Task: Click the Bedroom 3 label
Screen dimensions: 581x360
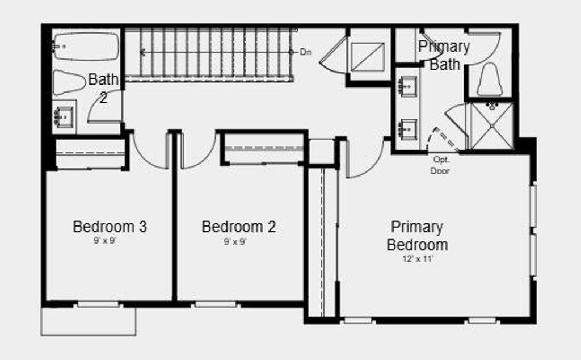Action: pos(110,227)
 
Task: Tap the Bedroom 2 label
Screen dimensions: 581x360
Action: pos(239,227)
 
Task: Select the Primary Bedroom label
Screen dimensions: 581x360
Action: pos(417,236)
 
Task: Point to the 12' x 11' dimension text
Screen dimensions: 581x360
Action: pos(418,259)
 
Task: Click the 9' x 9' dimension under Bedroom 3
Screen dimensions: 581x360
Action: pos(105,241)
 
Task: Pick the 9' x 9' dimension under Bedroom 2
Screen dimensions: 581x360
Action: pos(235,242)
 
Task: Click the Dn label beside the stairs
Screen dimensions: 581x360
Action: pos(305,52)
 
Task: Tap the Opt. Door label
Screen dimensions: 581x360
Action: pos(440,165)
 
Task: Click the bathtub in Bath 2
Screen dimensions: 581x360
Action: pos(86,47)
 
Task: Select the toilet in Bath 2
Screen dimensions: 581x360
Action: pos(69,82)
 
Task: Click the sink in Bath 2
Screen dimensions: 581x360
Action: pos(64,117)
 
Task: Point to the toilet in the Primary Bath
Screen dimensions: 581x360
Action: pos(490,79)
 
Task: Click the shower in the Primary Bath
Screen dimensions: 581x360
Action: pos(492,127)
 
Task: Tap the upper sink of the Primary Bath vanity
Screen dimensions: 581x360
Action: pos(407,86)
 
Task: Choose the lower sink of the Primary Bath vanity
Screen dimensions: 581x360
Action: pos(407,129)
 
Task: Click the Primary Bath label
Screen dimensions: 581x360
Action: pos(444,56)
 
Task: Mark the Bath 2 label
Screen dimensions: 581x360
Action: pos(103,88)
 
